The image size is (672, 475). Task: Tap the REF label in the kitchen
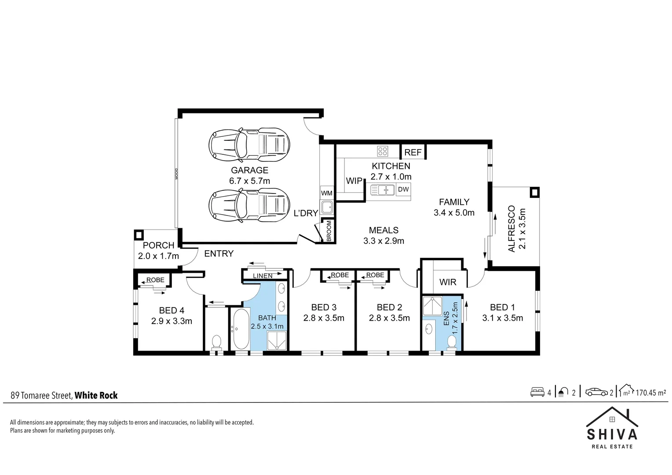[x=413, y=153]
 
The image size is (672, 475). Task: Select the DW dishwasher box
[x=403, y=190]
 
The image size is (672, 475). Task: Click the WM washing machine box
[x=326, y=193]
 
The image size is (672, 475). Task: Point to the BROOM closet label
[x=329, y=230]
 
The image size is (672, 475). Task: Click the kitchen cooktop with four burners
[x=383, y=151]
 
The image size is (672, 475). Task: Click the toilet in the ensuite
[x=451, y=342]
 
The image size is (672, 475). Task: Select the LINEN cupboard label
[x=263, y=276]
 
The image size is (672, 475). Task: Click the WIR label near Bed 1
[x=448, y=282]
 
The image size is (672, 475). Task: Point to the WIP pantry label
[x=354, y=181]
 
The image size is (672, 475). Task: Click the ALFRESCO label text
[x=511, y=228]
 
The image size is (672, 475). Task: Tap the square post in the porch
[x=139, y=235]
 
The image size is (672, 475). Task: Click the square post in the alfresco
[x=534, y=192]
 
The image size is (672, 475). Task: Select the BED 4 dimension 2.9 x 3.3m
[x=172, y=321]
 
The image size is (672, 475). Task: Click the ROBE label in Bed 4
[x=155, y=280]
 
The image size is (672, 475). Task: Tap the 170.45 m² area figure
[x=650, y=392]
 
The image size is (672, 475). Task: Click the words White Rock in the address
[x=96, y=395]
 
